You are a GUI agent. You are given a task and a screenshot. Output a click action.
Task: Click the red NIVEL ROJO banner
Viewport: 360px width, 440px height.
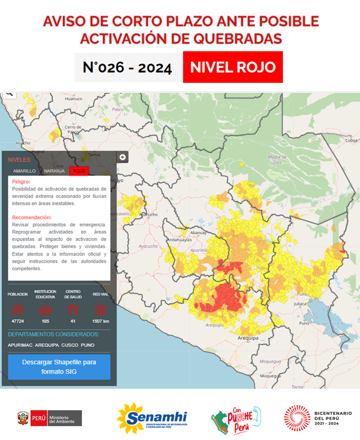[x=233, y=67]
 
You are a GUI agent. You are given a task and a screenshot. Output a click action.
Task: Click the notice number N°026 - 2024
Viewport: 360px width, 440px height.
[x=127, y=68]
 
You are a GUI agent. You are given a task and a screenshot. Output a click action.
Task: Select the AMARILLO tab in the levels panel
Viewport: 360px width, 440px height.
[x=24, y=171]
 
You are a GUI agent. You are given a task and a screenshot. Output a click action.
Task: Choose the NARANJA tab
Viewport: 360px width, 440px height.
[x=54, y=171]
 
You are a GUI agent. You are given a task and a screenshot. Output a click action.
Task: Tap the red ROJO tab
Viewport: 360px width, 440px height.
[x=79, y=171]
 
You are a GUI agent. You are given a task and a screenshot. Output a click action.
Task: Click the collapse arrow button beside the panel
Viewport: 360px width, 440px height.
[x=123, y=157]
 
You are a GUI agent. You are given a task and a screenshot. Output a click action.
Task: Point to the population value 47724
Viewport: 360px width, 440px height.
[x=18, y=321]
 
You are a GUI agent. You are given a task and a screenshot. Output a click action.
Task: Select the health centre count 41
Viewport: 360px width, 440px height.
[x=73, y=321]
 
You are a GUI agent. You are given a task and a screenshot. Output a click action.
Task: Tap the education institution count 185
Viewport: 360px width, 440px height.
[x=45, y=321]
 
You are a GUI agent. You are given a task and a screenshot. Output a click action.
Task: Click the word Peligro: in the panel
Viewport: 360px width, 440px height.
[x=21, y=182]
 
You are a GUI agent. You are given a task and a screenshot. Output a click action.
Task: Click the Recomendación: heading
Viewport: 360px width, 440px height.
[x=32, y=217]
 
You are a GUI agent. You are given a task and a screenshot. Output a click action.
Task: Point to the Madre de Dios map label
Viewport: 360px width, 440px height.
[x=277, y=159]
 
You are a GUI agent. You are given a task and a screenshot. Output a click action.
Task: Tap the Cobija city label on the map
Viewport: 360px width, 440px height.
[x=352, y=140]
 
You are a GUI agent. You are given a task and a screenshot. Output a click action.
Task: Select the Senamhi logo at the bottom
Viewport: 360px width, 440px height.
[x=152, y=418]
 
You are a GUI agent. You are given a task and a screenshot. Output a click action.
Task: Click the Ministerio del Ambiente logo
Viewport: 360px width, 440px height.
[x=50, y=418]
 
